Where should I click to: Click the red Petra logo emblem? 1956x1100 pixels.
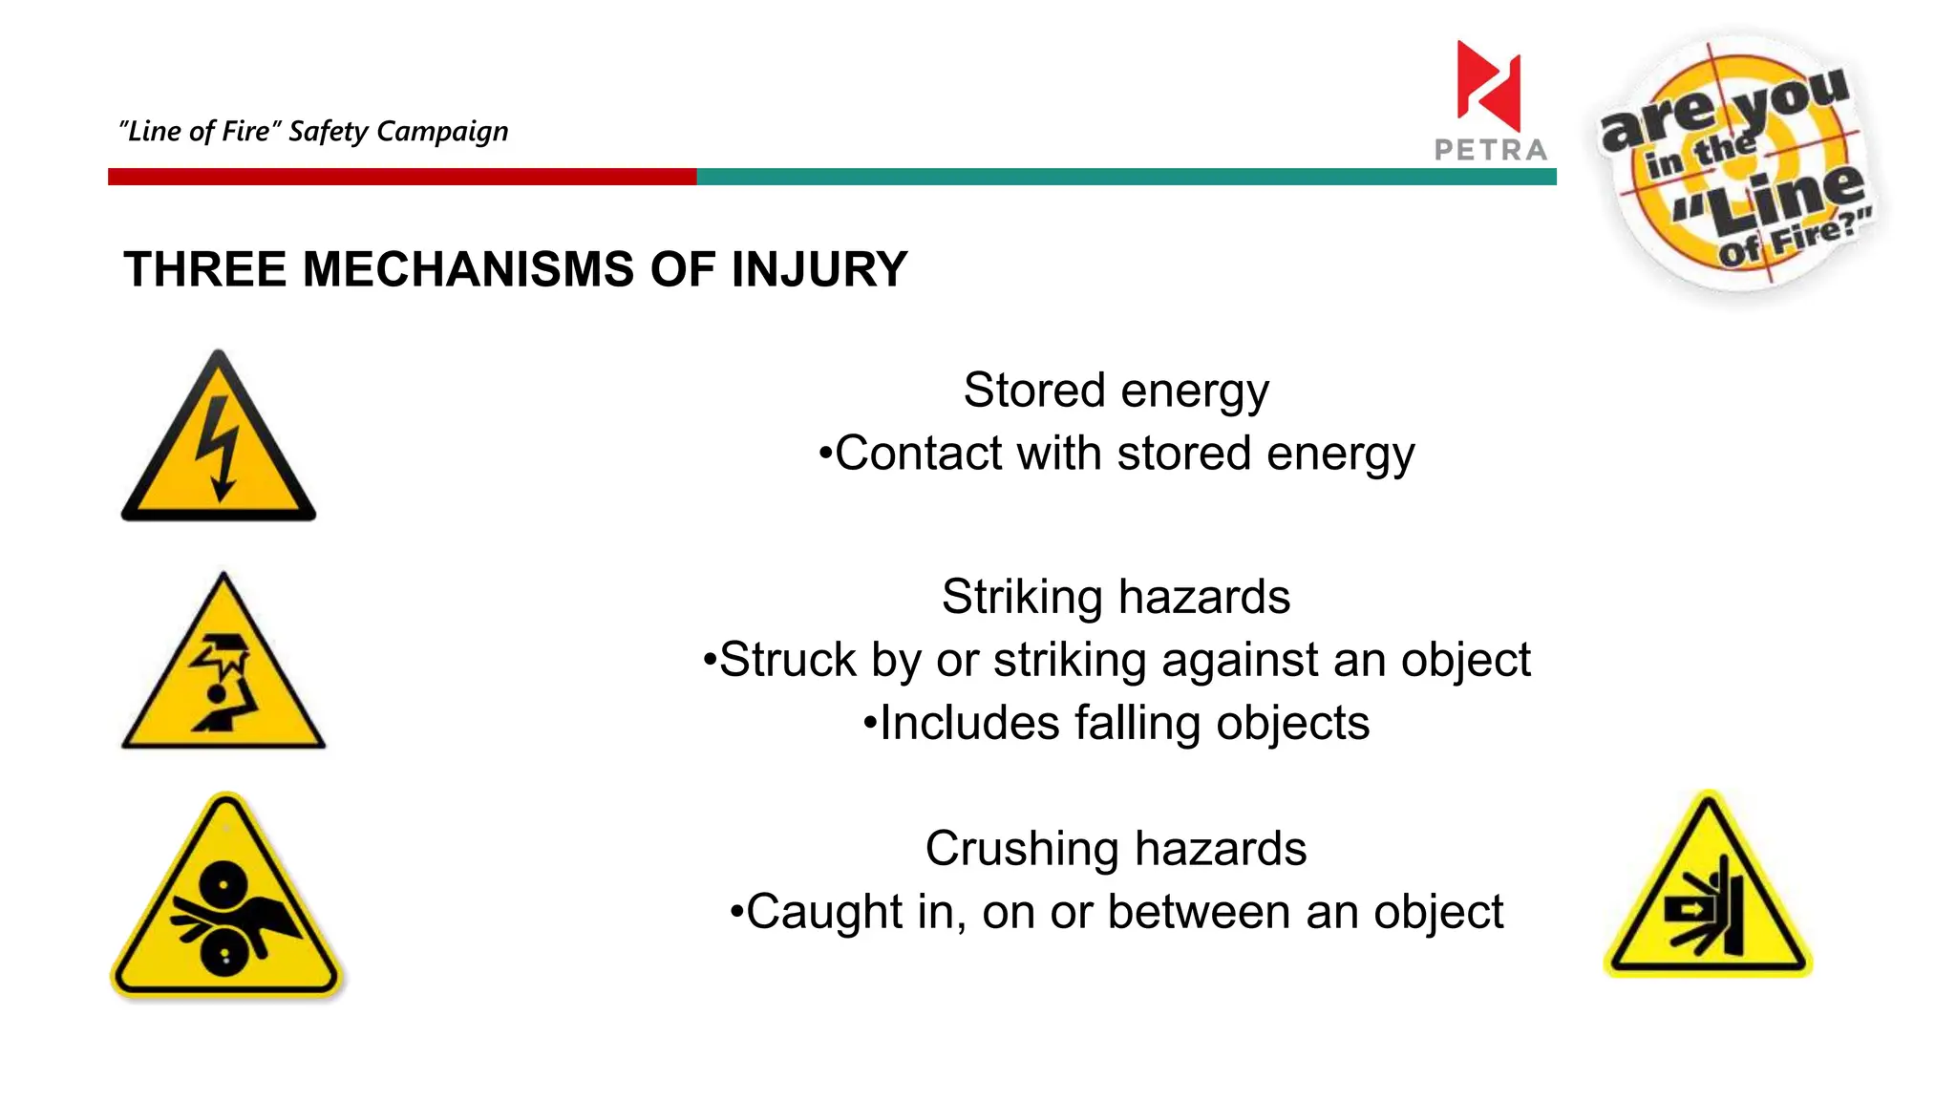[x=1488, y=86]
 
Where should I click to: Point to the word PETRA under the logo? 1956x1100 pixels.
[x=1491, y=150]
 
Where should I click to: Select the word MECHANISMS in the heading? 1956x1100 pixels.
[x=468, y=269]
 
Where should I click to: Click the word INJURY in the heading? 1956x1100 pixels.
[x=819, y=269]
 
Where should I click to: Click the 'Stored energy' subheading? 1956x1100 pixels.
[x=1116, y=391]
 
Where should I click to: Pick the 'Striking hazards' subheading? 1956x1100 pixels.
[x=1116, y=598]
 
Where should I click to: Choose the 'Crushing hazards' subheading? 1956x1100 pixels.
[x=1116, y=849]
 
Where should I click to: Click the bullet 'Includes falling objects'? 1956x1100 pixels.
[x=1116, y=723]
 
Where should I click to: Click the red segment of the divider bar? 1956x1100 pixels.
[x=401, y=177]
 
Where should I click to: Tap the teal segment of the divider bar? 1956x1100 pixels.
[x=1127, y=177]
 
